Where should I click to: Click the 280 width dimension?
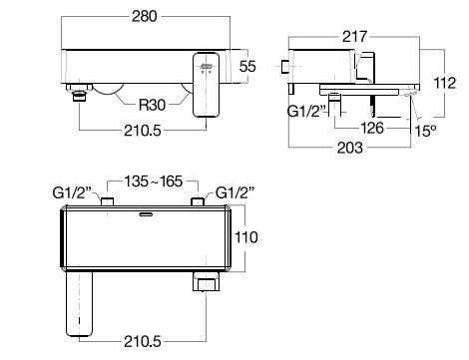point(145,16)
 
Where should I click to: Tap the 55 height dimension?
point(247,66)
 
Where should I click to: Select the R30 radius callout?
point(152,105)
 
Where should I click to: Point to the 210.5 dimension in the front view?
point(143,131)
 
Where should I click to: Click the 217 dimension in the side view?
point(355,37)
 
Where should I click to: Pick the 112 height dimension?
point(445,83)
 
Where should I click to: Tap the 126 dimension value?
point(372,128)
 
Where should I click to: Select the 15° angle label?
point(425,131)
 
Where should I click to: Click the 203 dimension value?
point(350,148)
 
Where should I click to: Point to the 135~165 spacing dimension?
point(154,181)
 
